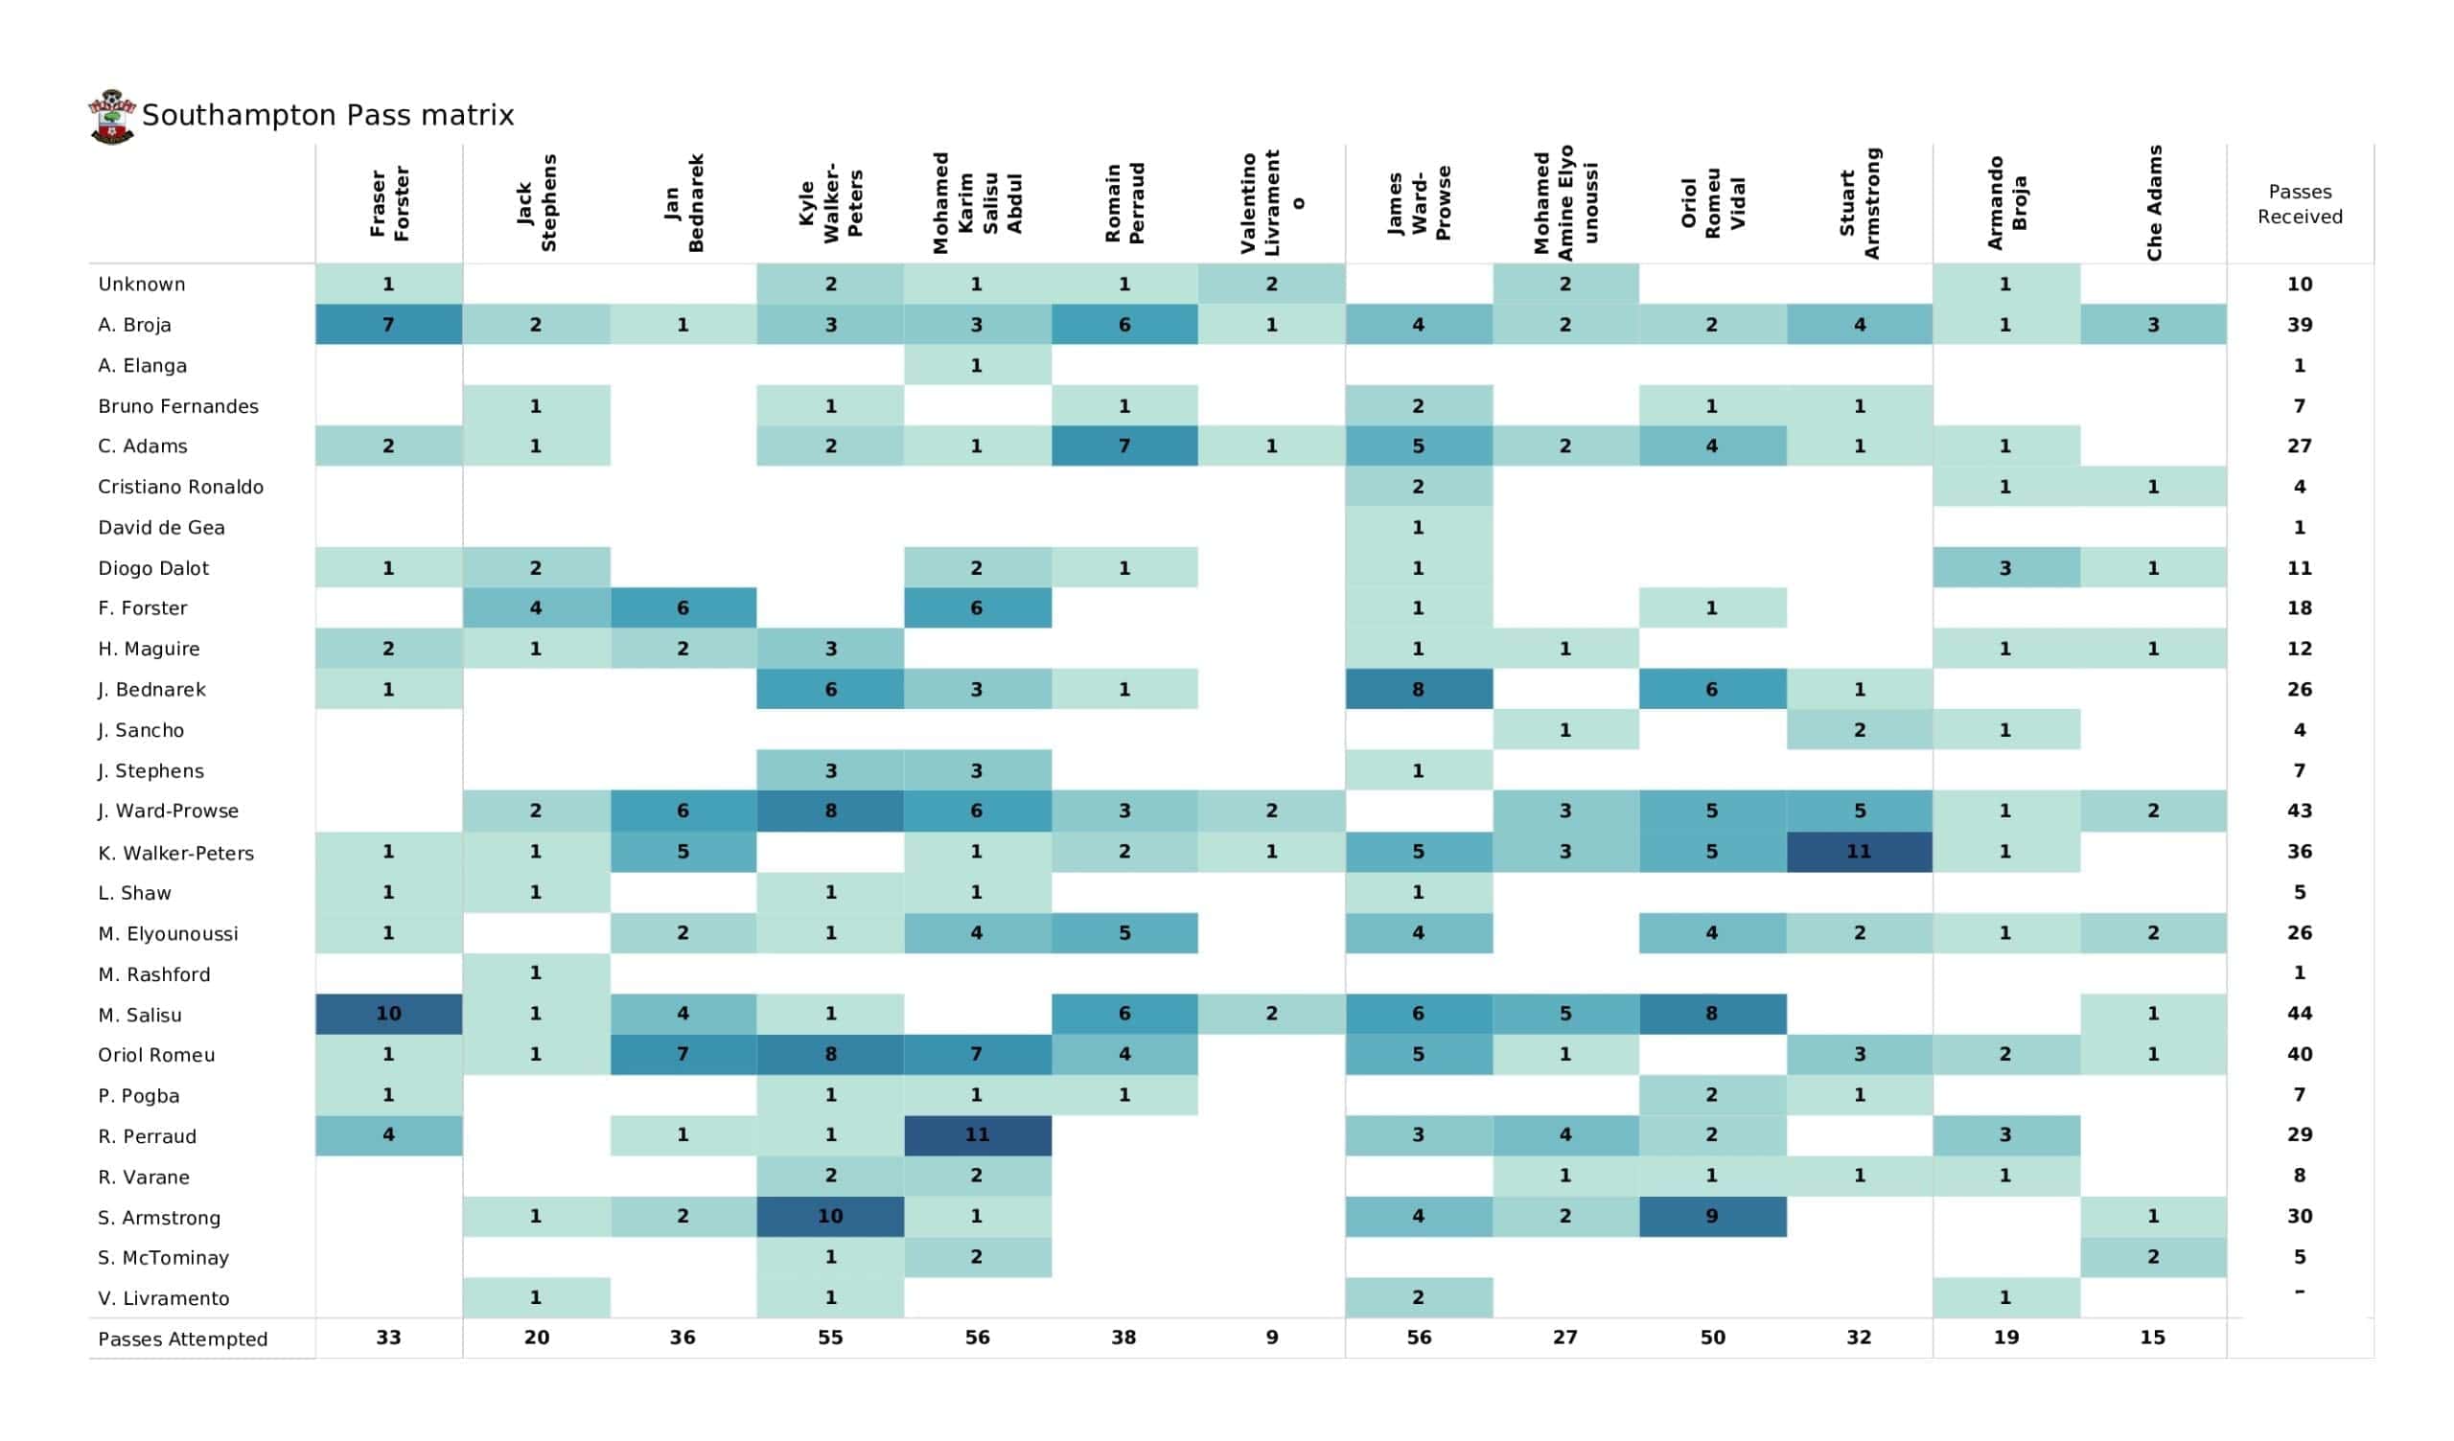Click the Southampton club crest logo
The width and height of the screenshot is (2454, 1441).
112,117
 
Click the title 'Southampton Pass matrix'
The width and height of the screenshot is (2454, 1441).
327,115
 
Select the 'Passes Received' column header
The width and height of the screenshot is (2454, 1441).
2299,204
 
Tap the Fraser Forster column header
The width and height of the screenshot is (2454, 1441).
388,202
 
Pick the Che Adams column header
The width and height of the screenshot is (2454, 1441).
2153,202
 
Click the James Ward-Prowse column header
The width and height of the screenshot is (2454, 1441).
1418,204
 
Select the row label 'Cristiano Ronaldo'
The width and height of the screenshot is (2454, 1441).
180,487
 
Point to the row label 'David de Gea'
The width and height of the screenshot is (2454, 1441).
161,528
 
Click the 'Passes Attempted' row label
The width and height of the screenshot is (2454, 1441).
182,1338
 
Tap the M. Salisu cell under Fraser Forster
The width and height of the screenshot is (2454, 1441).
388,1014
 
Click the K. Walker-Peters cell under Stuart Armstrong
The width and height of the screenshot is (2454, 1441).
1859,852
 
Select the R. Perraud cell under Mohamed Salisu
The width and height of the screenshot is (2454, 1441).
977,1135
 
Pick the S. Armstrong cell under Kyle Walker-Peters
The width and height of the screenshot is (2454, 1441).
830,1216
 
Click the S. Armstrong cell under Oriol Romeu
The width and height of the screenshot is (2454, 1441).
1712,1216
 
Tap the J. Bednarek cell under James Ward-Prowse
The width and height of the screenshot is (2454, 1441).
1418,689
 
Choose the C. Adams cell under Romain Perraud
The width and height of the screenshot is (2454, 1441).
1123,446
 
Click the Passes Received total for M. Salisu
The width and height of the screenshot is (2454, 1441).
2299,1014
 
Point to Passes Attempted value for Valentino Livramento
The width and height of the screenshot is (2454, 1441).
1272,1338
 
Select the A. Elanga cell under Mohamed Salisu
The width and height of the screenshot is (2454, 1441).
977,366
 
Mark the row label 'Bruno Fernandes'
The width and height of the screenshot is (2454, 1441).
178,406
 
